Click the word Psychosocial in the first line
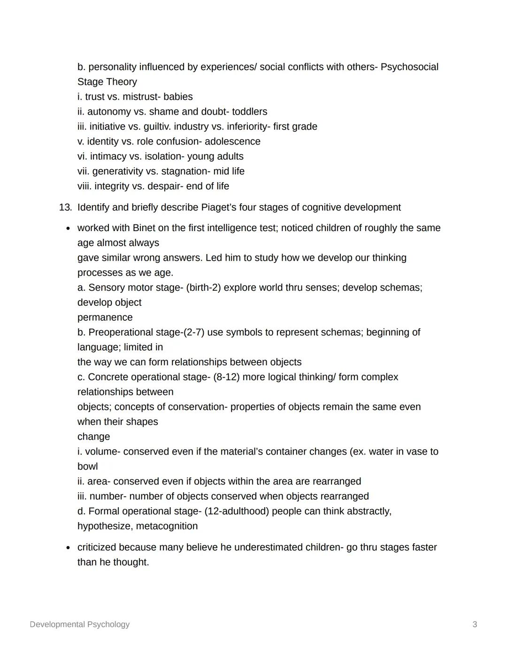point(409,67)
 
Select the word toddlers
point(249,112)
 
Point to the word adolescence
point(232,141)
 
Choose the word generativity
point(117,171)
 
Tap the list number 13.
point(65,208)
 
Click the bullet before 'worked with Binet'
point(68,229)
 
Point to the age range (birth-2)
point(203,288)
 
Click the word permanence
point(105,317)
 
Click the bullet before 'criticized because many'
point(68,548)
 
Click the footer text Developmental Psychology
point(79,625)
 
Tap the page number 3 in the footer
point(475,625)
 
